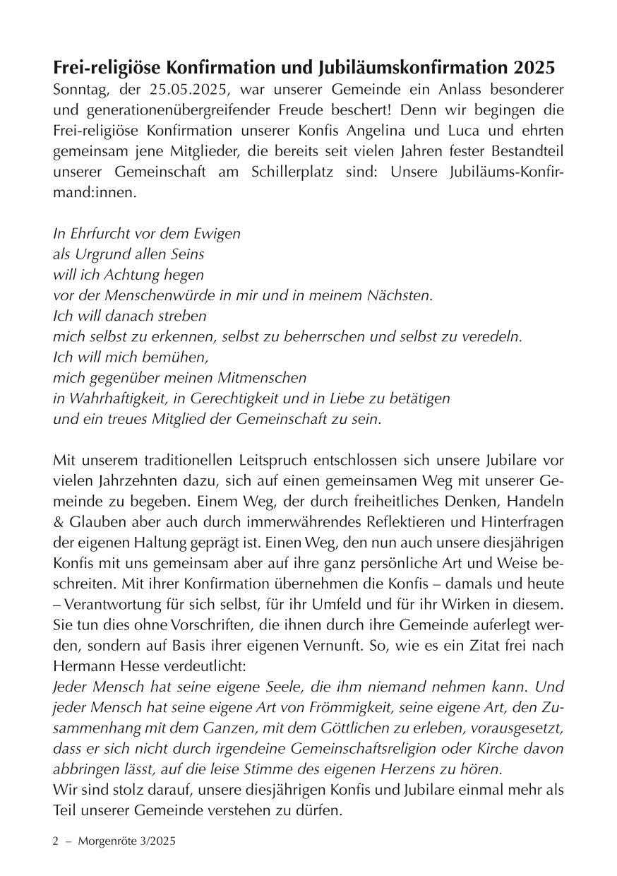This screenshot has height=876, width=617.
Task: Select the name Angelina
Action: pos(374,131)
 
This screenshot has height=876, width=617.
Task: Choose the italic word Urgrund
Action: pos(101,254)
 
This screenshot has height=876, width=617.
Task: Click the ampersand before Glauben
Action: pos(59,521)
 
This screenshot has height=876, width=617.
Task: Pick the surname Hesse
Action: pos(136,665)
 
